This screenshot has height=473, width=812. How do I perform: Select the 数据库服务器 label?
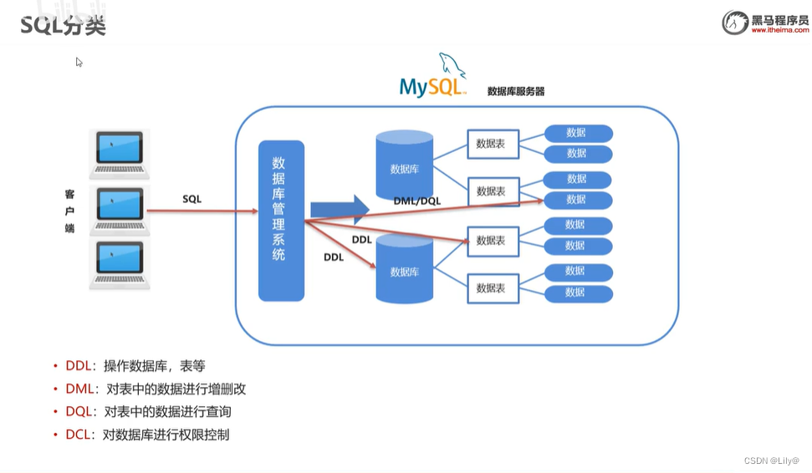click(516, 91)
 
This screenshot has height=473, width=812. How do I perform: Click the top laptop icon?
click(120, 154)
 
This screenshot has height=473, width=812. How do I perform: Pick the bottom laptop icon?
click(120, 265)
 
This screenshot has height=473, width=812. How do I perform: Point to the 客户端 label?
click(70, 211)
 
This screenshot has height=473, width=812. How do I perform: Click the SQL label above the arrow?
click(192, 199)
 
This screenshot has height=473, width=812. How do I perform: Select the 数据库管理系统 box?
click(281, 220)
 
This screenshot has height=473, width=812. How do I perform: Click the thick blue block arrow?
click(339, 210)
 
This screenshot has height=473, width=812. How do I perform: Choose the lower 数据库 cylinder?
click(405, 269)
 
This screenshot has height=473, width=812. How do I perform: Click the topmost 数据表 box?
click(491, 143)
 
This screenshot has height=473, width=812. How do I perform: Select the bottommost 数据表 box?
click(491, 288)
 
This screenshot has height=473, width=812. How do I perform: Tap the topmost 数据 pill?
click(578, 133)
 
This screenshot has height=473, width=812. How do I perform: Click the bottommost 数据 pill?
click(578, 293)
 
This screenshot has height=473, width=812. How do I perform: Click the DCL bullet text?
click(147, 435)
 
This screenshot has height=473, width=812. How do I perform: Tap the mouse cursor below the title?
click(79, 61)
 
